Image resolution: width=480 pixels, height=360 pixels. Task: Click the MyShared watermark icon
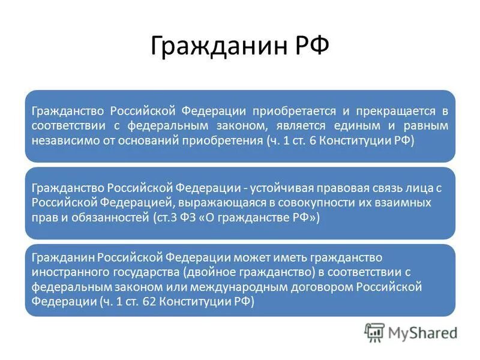pos(374,331)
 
